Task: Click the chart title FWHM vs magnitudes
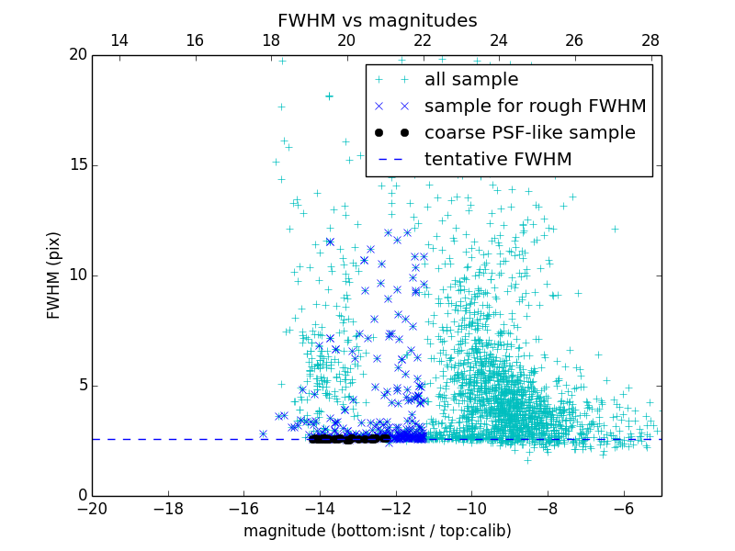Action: click(x=377, y=20)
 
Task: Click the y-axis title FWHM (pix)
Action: click(x=54, y=275)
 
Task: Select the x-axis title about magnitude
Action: click(x=377, y=531)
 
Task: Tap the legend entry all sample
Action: click(x=471, y=80)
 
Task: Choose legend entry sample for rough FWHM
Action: click(x=535, y=107)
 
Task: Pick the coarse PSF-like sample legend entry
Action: click(x=529, y=133)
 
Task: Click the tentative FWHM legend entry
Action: click(x=498, y=160)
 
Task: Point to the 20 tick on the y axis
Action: click(x=77, y=55)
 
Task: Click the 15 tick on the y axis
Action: click(x=77, y=165)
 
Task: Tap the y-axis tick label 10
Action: click(x=77, y=275)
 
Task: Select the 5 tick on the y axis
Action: click(x=82, y=386)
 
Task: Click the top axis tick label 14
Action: click(x=119, y=40)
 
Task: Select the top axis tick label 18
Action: click(x=271, y=40)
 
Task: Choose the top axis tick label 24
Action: click(x=499, y=40)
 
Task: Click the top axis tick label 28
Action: click(x=650, y=40)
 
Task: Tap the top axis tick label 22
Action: click(x=423, y=40)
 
